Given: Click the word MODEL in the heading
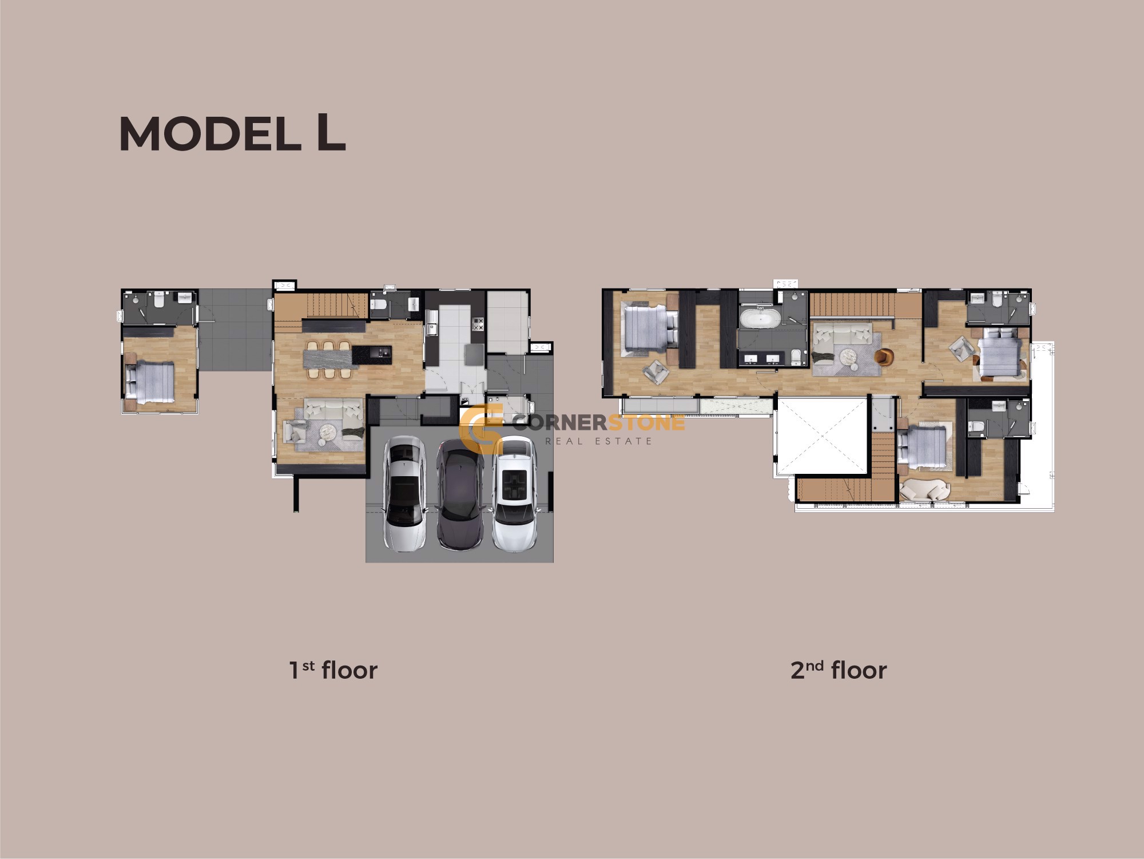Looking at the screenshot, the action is [210, 134].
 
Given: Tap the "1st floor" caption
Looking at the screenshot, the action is [333, 670].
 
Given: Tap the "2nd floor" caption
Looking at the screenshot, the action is [839, 670].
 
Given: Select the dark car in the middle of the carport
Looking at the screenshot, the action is [460, 495].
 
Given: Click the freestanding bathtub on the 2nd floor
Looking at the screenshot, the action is [760, 318].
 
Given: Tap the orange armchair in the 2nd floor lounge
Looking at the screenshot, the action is [884, 357].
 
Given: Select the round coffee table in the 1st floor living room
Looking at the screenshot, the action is [328, 432].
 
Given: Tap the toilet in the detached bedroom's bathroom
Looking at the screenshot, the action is [159, 299].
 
